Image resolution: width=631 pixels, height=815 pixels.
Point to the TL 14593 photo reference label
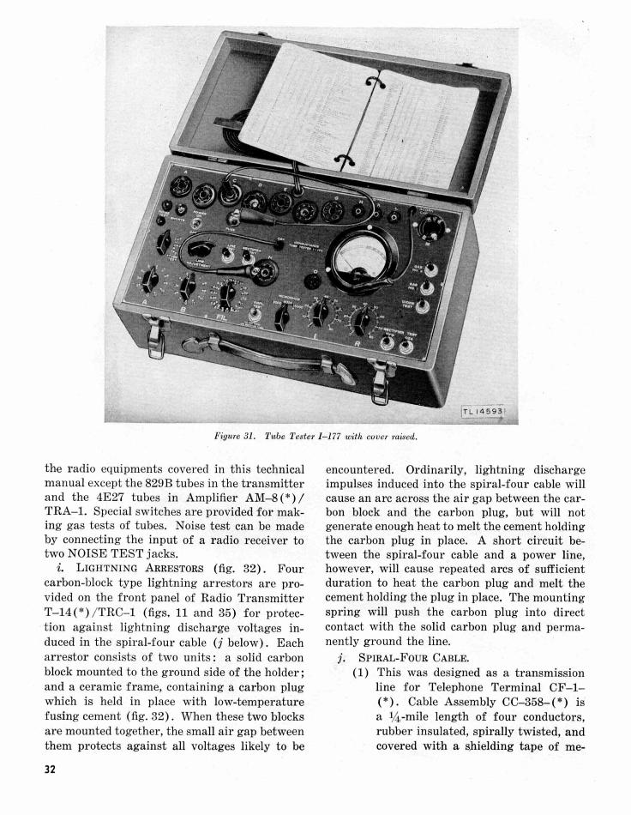pos(489,410)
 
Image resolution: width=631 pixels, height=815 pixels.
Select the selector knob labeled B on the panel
pos(187,287)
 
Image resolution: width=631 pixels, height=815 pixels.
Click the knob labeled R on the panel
pos(358,323)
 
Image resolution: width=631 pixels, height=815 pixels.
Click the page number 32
pos(52,769)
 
